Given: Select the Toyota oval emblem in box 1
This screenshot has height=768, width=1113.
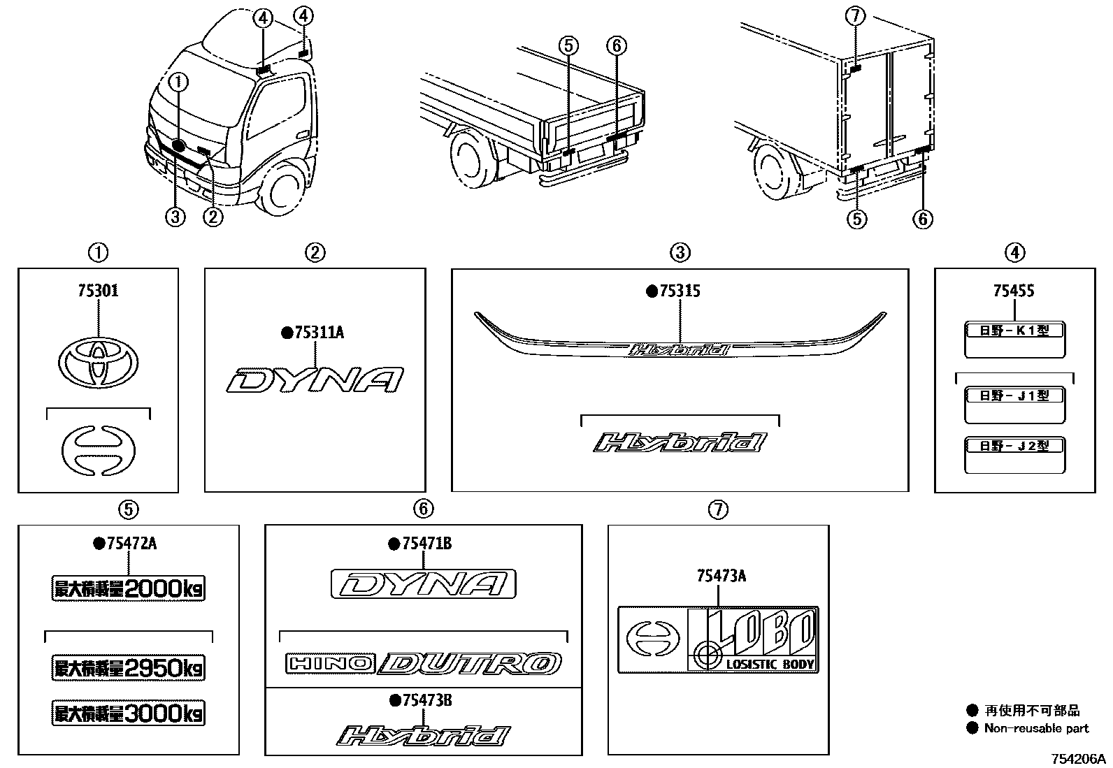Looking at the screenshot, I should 97,361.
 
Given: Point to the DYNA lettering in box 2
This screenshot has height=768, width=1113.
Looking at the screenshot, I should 315,379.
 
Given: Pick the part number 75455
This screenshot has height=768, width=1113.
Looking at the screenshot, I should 1014,291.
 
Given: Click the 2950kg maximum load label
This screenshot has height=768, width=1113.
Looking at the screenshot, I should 129,668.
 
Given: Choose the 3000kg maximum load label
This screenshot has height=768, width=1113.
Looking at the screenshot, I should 129,713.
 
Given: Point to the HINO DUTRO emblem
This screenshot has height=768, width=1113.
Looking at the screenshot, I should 423,664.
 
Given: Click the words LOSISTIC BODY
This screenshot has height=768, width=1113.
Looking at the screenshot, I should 770,664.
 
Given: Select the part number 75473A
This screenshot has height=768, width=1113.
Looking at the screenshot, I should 721,576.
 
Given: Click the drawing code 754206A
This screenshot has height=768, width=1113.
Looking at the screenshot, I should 1076,759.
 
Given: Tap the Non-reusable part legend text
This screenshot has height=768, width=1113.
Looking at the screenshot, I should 1036,728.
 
